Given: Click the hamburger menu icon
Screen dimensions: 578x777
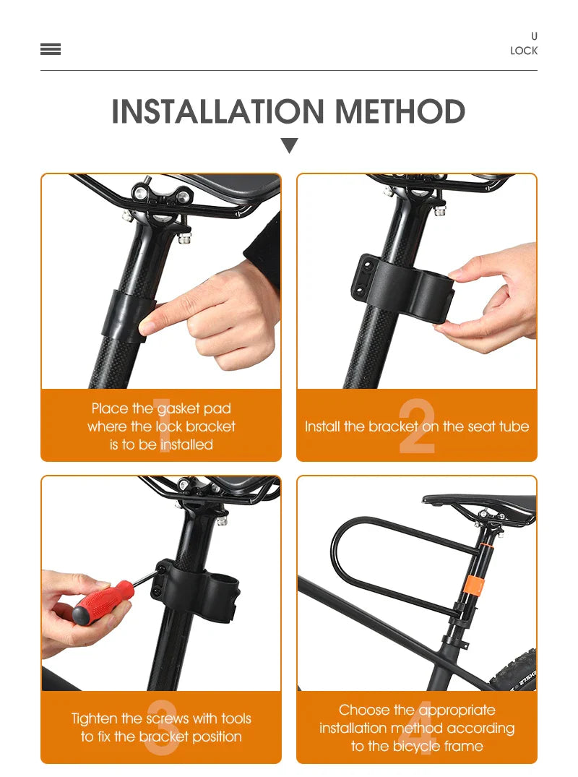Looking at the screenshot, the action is click(51, 49).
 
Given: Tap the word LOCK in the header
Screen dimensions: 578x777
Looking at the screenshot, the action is click(524, 51).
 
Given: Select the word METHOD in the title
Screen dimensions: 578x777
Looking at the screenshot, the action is click(400, 111).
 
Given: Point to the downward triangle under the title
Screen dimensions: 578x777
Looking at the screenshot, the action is click(289, 145).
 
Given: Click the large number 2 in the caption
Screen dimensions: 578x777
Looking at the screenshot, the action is click(417, 426).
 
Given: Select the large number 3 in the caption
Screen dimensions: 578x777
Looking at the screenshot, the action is click(162, 727).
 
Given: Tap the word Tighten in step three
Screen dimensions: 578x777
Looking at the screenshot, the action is click(94, 719).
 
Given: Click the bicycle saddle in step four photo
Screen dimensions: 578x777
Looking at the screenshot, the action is click(480, 504).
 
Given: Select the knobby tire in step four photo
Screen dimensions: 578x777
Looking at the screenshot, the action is click(515, 669).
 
